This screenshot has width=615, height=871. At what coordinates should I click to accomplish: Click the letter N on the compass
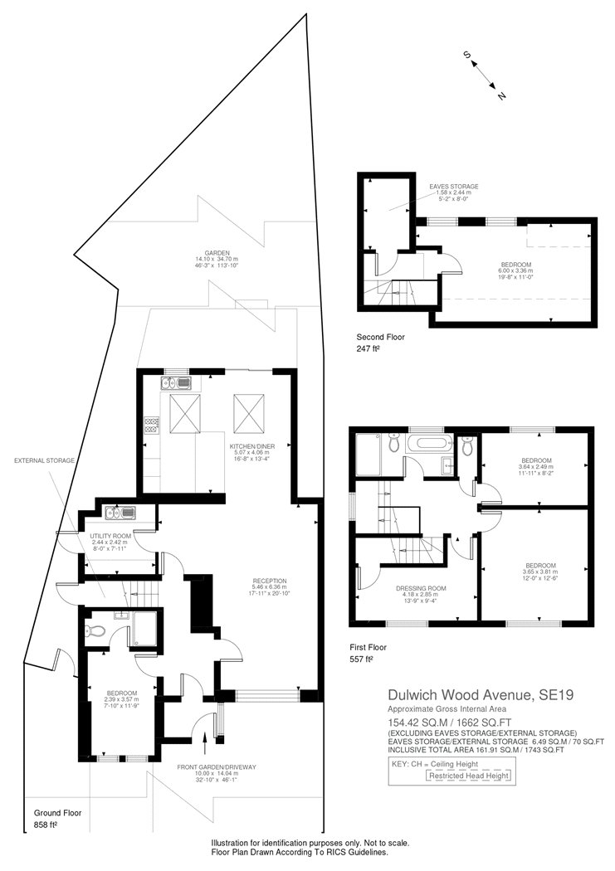tap(501, 96)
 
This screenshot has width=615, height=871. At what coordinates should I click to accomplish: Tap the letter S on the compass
tap(467, 56)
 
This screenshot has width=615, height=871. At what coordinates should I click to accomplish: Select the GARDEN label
tap(217, 253)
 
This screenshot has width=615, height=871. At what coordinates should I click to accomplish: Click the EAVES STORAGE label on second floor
tap(453, 187)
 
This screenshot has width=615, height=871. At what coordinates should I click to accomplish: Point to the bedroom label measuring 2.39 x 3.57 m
tap(121, 692)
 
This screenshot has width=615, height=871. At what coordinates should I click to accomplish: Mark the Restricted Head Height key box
tap(468, 776)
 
